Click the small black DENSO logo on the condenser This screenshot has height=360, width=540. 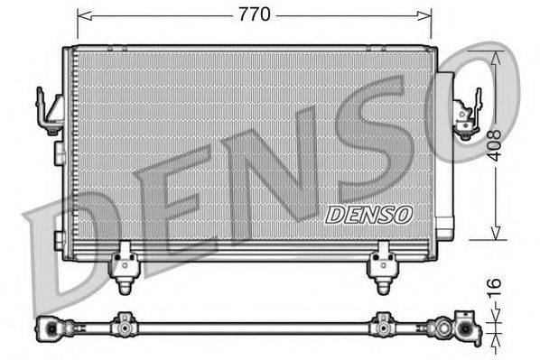pyautogui.click(x=368, y=215)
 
